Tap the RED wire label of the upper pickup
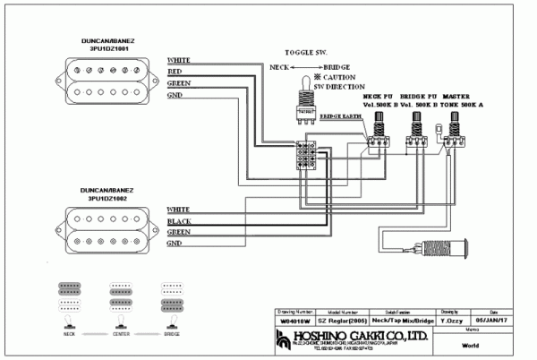(x=175, y=71)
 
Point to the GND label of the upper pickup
(x=175, y=94)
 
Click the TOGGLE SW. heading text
(x=305, y=54)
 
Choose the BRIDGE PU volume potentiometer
(x=415, y=136)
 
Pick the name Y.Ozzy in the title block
(x=450, y=320)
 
